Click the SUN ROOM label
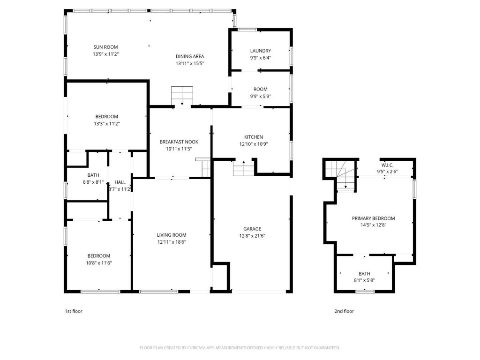pyautogui.click(x=105, y=47)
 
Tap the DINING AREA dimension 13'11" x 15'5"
pyautogui.click(x=190, y=64)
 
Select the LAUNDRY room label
pyautogui.click(x=261, y=51)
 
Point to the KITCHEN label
pyautogui.click(x=254, y=137)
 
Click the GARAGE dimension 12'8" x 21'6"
pyautogui.click(x=252, y=236)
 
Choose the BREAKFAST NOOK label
pyautogui.click(x=179, y=142)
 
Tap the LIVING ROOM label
pyautogui.click(x=172, y=235)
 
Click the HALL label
pyautogui.click(x=120, y=182)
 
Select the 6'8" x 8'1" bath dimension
pyautogui.click(x=93, y=182)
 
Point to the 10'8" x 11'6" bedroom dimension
pyautogui.click(x=99, y=263)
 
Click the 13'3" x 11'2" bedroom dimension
pyautogui.click(x=106, y=124)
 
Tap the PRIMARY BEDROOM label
pyautogui.click(x=374, y=218)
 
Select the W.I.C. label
pyautogui.click(x=388, y=165)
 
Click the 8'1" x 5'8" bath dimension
pyautogui.click(x=364, y=280)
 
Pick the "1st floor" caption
pyautogui.click(x=74, y=311)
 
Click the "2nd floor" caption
pyautogui.click(x=344, y=311)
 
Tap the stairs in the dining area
pyautogui.click(x=182, y=96)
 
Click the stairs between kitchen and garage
pyautogui.click(x=244, y=168)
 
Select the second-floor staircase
pyautogui.click(x=340, y=176)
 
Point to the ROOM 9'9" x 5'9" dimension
pyautogui.click(x=261, y=97)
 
